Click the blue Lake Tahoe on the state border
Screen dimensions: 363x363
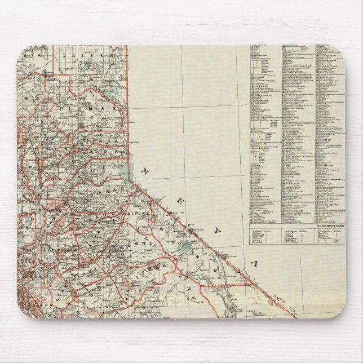click(126, 169)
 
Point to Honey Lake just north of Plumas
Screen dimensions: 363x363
click(110, 92)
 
